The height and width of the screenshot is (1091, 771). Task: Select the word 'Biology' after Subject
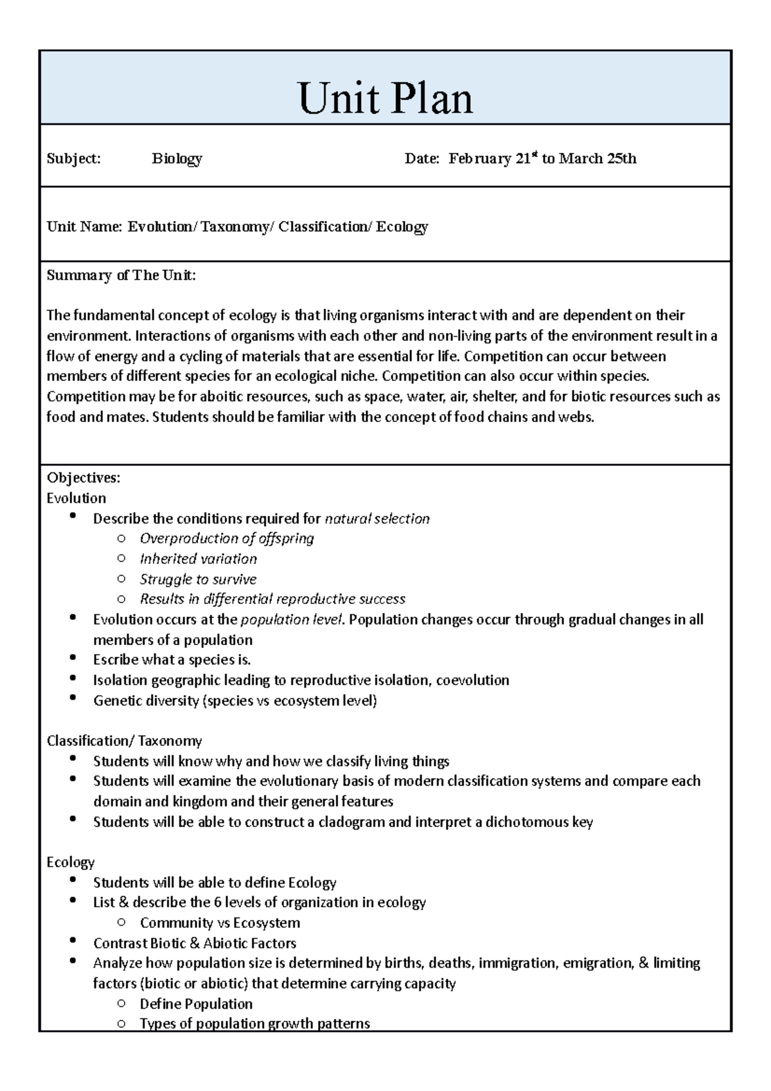click(x=177, y=159)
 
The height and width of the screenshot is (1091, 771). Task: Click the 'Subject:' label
click(x=73, y=159)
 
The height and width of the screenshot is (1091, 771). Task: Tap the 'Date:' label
click(x=421, y=159)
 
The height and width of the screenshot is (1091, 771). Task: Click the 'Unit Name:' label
click(x=84, y=227)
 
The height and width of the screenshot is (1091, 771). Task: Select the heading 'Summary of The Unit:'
click(x=121, y=276)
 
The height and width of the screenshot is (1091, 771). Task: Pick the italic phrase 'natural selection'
click(x=377, y=519)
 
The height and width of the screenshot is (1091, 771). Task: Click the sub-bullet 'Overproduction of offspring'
click(x=227, y=538)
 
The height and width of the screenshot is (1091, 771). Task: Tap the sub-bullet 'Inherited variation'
click(x=198, y=559)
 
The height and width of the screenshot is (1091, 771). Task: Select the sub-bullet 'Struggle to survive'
click(x=198, y=579)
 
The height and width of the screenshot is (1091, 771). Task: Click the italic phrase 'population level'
click(x=292, y=619)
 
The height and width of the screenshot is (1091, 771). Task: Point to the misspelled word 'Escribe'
click(x=116, y=660)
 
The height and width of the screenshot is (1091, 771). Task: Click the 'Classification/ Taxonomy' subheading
click(x=124, y=741)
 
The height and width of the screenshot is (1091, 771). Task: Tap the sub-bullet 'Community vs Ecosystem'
click(x=220, y=923)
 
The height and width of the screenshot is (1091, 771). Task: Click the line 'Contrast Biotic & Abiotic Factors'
click(x=194, y=943)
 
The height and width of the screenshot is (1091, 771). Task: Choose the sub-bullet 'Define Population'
click(x=196, y=1004)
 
